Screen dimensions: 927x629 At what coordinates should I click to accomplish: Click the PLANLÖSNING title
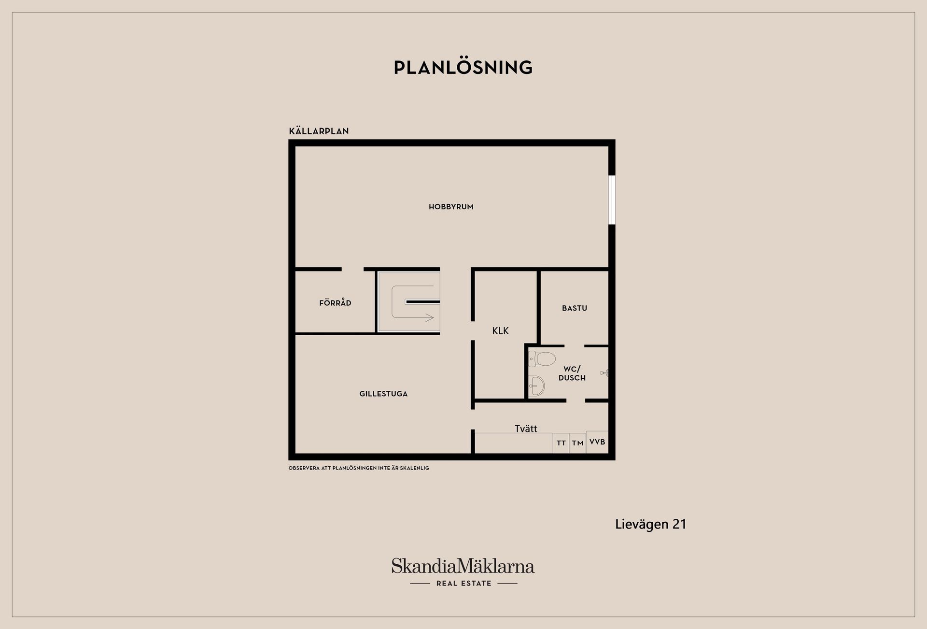(463, 67)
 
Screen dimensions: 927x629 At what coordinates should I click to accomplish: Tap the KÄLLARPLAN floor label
(319, 131)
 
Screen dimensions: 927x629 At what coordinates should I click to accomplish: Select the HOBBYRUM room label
(451, 207)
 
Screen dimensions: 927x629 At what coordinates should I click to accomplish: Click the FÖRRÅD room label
(335, 303)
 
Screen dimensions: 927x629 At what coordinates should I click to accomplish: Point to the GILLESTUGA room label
(383, 394)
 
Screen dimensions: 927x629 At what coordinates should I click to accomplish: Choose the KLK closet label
(500, 331)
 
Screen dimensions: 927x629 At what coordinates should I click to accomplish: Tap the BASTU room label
(575, 308)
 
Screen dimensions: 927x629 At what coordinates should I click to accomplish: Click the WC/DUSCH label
(572, 373)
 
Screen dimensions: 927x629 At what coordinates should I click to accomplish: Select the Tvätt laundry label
(526, 429)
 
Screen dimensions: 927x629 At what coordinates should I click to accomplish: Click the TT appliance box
(561, 443)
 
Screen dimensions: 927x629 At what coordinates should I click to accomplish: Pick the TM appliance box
(578, 443)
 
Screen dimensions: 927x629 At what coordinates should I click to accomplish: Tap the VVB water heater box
(597, 442)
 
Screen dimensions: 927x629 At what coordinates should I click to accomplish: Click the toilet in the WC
(542, 359)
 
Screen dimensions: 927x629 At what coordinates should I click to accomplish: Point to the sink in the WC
(536, 386)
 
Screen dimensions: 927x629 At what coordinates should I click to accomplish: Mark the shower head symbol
(604, 373)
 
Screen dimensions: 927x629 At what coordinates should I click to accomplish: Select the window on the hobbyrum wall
(612, 200)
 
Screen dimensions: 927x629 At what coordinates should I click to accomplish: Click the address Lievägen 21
(651, 525)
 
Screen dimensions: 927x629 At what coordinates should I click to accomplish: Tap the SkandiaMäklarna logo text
(463, 566)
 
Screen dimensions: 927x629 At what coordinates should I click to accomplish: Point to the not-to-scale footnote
(359, 468)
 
